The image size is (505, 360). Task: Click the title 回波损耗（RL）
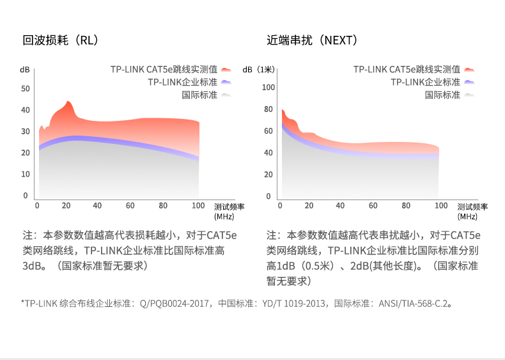[61, 40]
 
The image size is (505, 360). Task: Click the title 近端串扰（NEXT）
[312, 40]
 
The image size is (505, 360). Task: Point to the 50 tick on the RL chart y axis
[26, 88]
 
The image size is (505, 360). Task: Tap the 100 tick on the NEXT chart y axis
[268, 88]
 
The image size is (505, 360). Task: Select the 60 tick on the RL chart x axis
[130, 205]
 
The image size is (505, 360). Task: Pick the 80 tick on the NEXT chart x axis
[406, 205]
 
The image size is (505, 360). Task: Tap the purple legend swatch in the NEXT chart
[469, 82]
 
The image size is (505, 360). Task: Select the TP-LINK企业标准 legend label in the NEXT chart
[425, 82]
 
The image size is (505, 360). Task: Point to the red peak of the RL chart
[68, 102]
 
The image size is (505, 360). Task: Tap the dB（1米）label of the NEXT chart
[259, 69]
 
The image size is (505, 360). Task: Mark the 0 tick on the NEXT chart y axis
[269, 196]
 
